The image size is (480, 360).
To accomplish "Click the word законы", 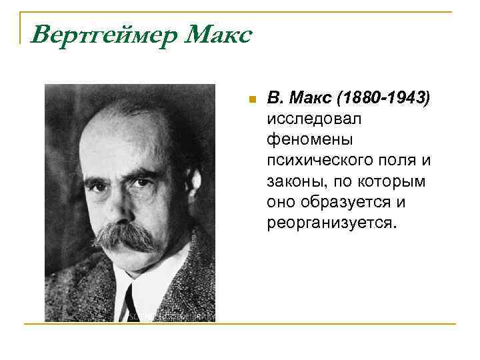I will pyautogui.click(x=293, y=181).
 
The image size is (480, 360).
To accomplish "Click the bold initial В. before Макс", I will pyautogui.click(x=275, y=99).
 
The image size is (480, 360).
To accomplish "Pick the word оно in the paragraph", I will pyautogui.click(x=281, y=202).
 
